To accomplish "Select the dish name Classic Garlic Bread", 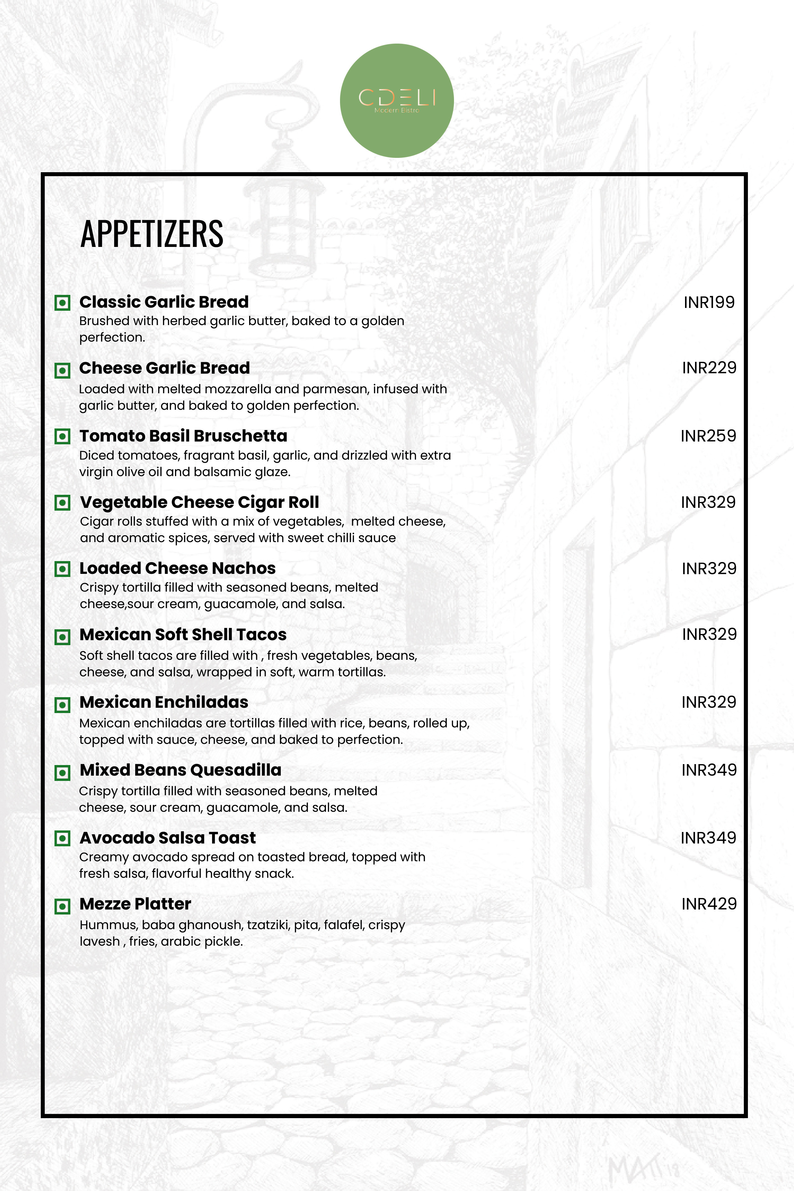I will pyautogui.click(x=164, y=302).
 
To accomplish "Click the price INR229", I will pyautogui.click(x=709, y=368).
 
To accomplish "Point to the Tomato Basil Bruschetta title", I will pyautogui.click(x=183, y=436).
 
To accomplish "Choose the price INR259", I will pyautogui.click(x=708, y=436).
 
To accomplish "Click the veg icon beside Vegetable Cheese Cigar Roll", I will pyautogui.click(x=62, y=503).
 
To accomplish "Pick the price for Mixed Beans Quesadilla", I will pyautogui.click(x=709, y=770).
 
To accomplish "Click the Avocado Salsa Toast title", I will pyautogui.click(x=168, y=838).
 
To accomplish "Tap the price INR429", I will pyautogui.click(x=709, y=903).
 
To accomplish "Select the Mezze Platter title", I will pyautogui.click(x=135, y=903).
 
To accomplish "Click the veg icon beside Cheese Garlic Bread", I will pyautogui.click(x=62, y=370).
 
